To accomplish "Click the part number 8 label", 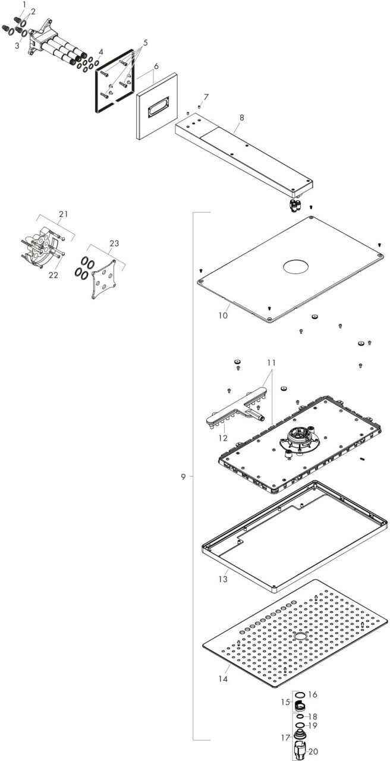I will (241, 118).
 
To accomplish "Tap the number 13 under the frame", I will (223, 578).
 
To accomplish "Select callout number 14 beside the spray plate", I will (223, 677).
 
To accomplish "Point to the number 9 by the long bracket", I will (184, 476).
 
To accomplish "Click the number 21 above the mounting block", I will (64, 214).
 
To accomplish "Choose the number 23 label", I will (114, 243).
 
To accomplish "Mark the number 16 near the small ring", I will (313, 694).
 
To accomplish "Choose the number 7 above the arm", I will (206, 96).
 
